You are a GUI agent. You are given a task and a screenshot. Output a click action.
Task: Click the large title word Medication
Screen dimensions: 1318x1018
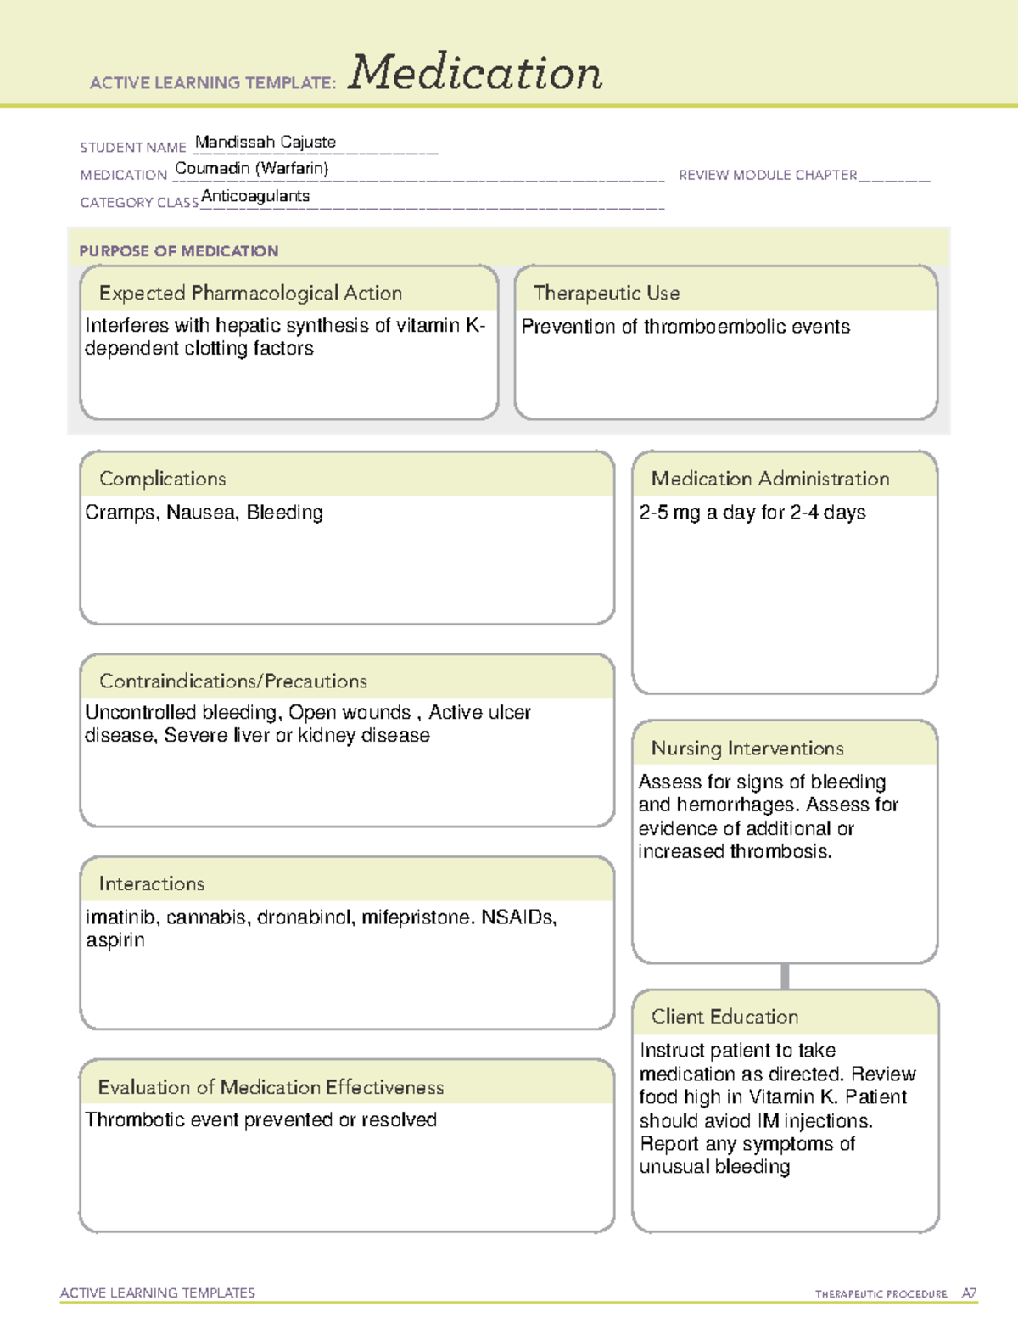475,73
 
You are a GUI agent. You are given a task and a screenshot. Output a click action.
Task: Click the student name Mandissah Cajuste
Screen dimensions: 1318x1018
266,142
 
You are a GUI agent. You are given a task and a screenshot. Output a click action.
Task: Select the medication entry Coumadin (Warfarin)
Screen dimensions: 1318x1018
251,168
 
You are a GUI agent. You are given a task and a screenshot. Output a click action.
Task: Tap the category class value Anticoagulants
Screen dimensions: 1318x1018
255,196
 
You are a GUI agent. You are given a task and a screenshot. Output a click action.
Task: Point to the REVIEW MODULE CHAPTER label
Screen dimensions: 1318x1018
768,175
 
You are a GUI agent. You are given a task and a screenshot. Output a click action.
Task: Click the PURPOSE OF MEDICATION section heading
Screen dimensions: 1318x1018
178,251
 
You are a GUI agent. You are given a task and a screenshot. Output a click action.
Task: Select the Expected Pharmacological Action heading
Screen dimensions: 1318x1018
250,293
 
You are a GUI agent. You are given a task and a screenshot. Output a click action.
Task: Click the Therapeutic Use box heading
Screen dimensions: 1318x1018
606,293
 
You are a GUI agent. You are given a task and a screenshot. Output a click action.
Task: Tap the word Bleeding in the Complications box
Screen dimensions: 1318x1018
285,513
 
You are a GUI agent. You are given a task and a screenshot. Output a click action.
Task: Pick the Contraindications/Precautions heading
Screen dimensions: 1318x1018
233,681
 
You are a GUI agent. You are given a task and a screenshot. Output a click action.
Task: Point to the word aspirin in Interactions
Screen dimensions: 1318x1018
115,940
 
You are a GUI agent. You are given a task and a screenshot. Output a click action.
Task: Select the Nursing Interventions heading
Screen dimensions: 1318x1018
747,748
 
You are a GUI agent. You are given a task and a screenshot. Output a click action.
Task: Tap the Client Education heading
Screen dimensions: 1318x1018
724,1017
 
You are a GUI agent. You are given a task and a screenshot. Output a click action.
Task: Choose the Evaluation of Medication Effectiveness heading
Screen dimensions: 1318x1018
271,1087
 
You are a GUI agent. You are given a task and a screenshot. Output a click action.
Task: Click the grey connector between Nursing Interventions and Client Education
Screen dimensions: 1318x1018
785,976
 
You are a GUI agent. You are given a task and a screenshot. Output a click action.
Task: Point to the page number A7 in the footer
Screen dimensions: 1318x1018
968,1293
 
